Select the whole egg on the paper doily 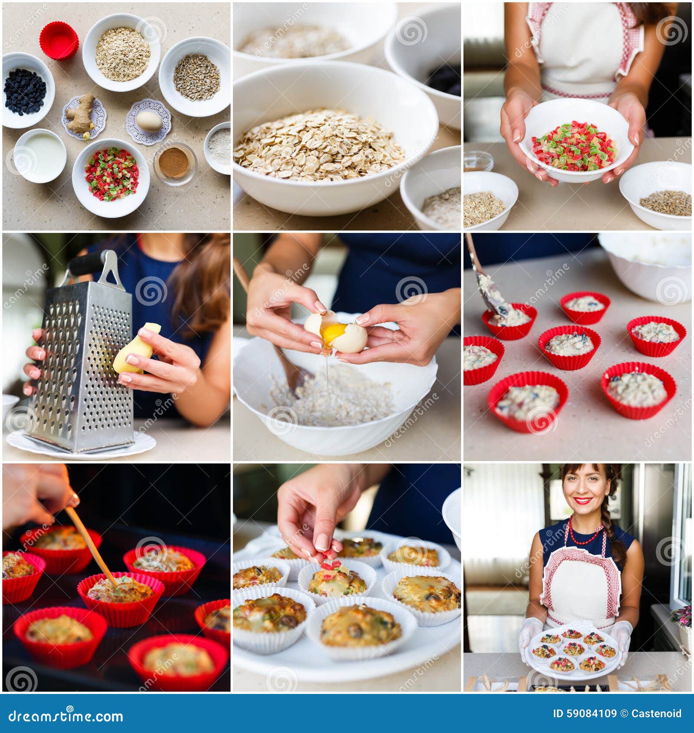click(149, 121)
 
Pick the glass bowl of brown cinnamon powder click(174, 163)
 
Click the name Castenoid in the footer click(656, 713)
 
